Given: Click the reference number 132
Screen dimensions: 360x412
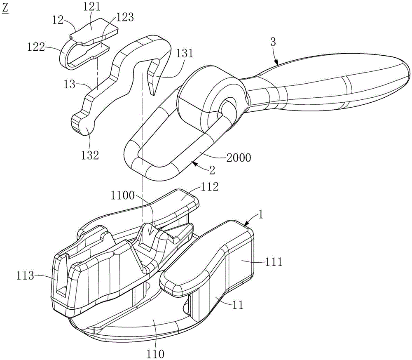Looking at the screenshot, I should coord(90,155).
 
